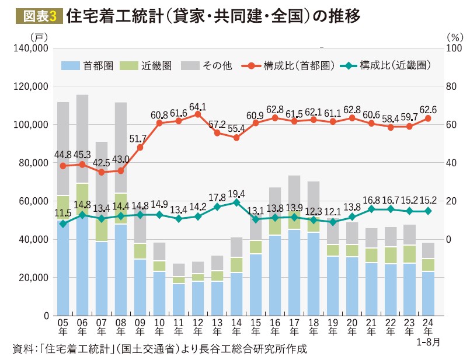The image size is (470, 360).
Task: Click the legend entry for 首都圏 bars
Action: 87,65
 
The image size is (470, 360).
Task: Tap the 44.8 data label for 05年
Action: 63,154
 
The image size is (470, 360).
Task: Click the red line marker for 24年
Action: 428,118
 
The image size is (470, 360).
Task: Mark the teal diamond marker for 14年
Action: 236,202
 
